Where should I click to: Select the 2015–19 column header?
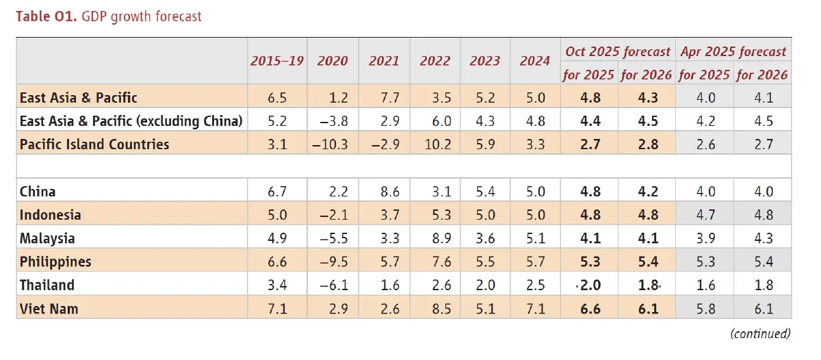pos(277,61)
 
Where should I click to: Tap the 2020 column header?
pos(333,61)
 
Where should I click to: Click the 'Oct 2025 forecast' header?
pos(617,51)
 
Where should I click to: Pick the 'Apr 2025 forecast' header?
pos(733,51)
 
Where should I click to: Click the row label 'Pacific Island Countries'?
pos(94,144)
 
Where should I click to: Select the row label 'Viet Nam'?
pos(49,309)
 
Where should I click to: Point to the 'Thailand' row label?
pos(47,285)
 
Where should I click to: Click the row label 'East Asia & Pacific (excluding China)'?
pos(131,121)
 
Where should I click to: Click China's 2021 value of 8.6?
pos(384,192)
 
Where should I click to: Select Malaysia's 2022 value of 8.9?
pos(434,239)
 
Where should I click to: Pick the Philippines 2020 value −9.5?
pos(333,262)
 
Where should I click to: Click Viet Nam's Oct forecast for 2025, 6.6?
pos(589,309)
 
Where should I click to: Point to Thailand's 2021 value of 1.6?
pos(384,285)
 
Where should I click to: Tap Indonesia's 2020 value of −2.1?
pos(333,215)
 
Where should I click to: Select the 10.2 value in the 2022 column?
pos(434,144)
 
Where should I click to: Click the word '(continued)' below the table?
pos(759,333)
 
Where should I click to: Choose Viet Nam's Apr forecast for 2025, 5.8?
pos(705,309)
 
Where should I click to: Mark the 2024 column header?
pos(534,61)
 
